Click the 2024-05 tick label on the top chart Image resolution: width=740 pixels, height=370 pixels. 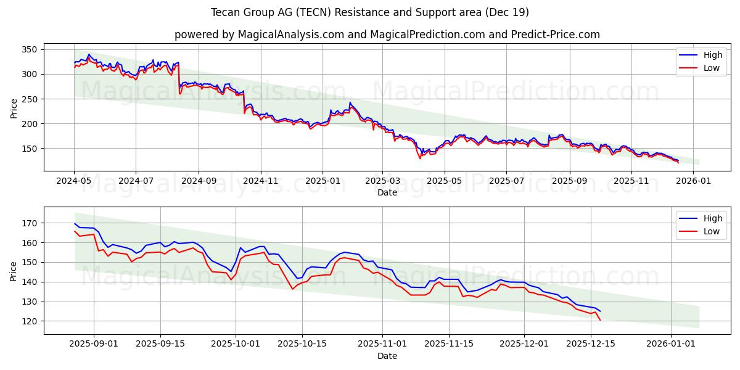tap(74, 181)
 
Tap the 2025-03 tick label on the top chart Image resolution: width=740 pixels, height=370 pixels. tap(382, 181)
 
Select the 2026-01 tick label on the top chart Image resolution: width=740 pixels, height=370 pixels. tap(694, 181)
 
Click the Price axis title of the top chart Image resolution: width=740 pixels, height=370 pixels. tap(14, 109)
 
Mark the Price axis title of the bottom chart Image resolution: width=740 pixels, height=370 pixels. tap(14, 271)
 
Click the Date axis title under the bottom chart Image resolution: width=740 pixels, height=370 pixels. tap(387, 356)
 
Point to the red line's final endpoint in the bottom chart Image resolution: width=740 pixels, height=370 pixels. tap(600, 320)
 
